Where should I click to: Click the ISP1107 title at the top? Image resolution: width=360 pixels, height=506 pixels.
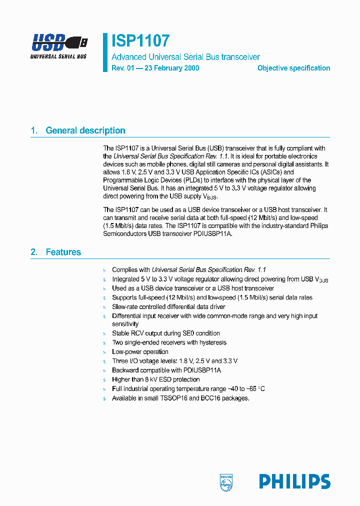pos(140,40)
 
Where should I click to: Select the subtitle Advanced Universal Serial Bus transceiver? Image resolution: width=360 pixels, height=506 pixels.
pos(185,57)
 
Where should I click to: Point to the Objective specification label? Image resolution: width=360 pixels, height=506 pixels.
pos(293,68)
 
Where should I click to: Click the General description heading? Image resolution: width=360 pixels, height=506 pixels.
pos(85,130)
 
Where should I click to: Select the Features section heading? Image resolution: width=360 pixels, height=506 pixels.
pos(63,252)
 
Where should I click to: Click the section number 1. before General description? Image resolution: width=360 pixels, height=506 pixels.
pos(34,130)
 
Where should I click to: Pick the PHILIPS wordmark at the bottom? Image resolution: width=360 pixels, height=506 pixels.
pos(294,481)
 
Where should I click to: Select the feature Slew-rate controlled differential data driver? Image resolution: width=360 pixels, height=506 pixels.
pos(168,306)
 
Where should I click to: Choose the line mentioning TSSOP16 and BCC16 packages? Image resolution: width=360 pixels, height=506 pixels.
pos(180,398)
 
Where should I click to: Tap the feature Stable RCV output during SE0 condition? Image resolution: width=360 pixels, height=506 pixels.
pos(165,333)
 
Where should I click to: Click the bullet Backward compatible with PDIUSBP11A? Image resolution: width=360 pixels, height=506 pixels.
pos(166,370)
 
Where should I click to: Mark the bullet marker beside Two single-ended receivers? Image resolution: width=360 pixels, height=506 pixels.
pos(104,343)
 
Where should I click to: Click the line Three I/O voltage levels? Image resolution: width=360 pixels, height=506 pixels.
pos(174,361)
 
